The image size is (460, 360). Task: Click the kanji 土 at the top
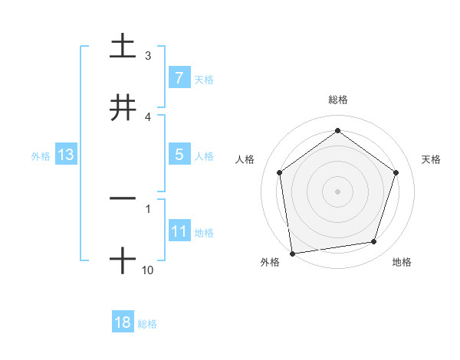123,46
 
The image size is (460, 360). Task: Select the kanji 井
123,107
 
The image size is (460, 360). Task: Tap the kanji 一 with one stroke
123,198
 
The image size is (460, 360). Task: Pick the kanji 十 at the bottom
123,260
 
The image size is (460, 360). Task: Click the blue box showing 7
179,77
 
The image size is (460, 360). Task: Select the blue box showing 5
179,155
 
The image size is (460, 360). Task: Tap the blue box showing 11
179,231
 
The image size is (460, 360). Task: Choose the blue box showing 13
66,155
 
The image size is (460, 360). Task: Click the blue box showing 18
123,322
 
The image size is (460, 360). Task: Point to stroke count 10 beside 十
148,270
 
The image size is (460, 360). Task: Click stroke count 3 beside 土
148,56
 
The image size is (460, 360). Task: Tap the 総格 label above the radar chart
338,100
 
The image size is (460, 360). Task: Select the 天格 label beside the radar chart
432,159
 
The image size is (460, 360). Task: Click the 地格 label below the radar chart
402,262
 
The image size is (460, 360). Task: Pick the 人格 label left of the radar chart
245,159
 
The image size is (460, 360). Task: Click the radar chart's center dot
337,191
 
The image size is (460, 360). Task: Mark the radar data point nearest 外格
291,253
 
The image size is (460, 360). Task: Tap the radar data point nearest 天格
396,172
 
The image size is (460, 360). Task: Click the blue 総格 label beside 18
147,324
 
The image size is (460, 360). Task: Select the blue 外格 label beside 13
41,156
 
